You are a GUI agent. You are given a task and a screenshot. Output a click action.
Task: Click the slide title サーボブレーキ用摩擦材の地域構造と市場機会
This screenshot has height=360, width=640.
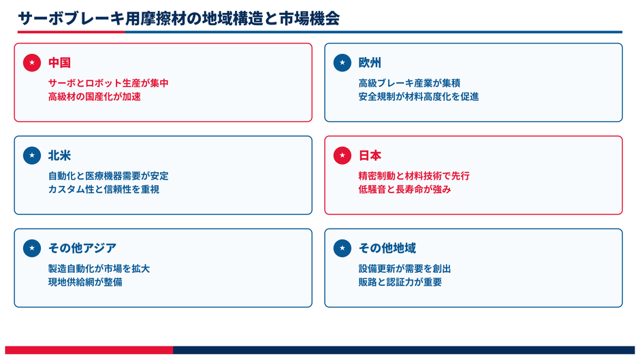179,18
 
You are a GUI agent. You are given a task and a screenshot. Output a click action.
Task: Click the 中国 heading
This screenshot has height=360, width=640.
60,63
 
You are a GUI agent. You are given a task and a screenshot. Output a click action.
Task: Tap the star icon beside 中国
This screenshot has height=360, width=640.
32,63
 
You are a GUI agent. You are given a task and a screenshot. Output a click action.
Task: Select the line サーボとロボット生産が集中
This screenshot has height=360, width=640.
108,83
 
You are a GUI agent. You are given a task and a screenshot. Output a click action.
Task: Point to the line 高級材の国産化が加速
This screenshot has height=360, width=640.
94,97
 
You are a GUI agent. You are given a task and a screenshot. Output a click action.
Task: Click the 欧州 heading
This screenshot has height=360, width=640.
370,63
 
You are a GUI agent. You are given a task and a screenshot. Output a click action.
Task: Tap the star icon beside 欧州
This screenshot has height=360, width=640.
342,63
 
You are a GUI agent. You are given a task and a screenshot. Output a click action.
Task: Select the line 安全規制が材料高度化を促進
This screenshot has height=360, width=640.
418,97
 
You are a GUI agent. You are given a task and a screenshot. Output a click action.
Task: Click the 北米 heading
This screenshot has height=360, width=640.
60,156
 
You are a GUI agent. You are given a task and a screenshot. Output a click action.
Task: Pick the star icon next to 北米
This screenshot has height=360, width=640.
32,156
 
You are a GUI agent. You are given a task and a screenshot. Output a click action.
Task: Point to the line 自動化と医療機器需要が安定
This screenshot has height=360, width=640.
108,176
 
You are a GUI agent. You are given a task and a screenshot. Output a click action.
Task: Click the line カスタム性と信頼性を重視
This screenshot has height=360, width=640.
103,189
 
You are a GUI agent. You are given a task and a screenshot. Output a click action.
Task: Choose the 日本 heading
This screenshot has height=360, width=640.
370,156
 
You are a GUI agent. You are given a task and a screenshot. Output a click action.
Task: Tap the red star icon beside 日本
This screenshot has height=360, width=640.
342,156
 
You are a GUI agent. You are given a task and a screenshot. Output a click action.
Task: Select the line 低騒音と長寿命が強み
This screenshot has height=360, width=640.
404,189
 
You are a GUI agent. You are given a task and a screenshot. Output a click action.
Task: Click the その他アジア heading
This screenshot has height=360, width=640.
82,248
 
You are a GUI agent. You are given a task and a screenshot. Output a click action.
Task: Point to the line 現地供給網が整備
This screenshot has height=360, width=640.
85,282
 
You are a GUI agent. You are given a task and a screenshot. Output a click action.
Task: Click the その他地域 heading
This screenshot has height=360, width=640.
387,248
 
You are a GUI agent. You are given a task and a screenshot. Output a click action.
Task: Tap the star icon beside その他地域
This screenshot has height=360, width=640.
342,248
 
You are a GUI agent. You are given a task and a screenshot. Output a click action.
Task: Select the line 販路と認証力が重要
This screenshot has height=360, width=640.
400,282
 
